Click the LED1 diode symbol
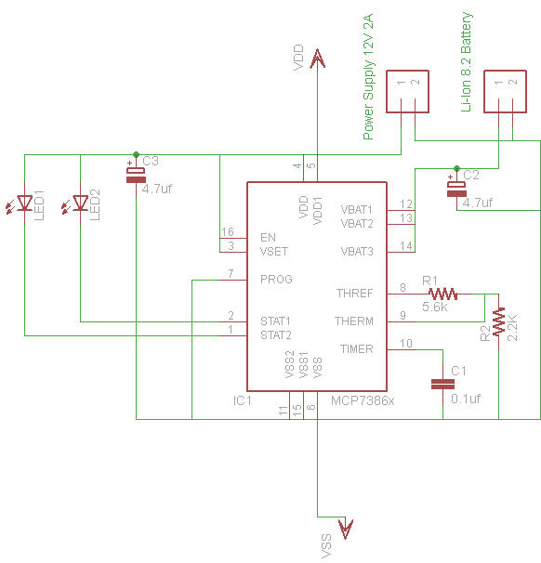click(x=21, y=203)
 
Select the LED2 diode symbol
click(x=77, y=203)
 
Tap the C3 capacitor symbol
click(x=136, y=176)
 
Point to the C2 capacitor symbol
click(x=456, y=190)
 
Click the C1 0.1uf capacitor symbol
click(x=442, y=385)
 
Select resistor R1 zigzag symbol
click(x=442, y=295)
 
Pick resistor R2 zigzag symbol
click(x=498, y=321)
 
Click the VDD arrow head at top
click(x=318, y=59)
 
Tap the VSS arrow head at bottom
click(x=346, y=530)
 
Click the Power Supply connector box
click(x=407, y=92)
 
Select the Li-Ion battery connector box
click(x=505, y=92)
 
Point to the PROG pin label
click(x=276, y=280)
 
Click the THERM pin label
click(x=354, y=321)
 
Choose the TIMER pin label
click(x=357, y=349)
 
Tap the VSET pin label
click(x=274, y=252)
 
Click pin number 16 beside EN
click(x=228, y=232)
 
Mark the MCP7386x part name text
click(x=363, y=400)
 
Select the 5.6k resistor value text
click(x=435, y=307)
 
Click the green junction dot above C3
click(x=136, y=155)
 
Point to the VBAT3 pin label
click(x=357, y=252)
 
